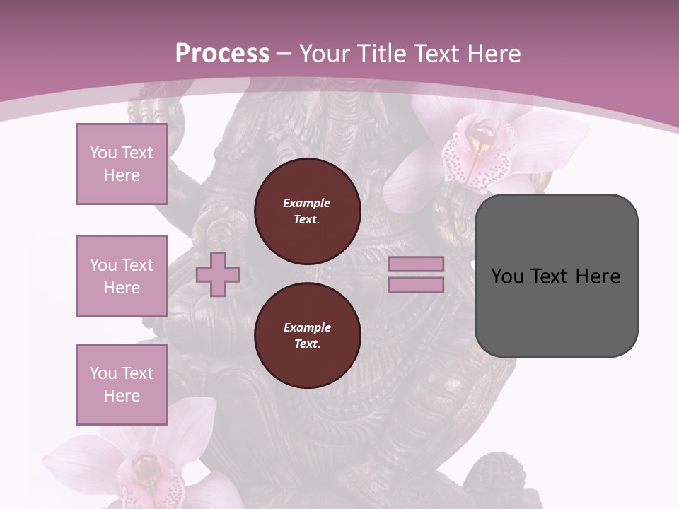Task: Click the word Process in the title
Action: click(222, 53)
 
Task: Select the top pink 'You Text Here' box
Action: click(122, 164)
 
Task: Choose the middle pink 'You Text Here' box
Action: click(122, 276)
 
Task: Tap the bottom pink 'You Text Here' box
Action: click(122, 385)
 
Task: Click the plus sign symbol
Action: click(218, 274)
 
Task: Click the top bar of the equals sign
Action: click(416, 264)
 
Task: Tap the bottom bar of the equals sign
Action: click(416, 285)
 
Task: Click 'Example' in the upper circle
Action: click(306, 203)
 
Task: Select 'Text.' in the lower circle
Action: click(306, 344)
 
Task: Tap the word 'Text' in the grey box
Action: click(549, 276)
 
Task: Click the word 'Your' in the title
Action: click(323, 53)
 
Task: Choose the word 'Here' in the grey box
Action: click(598, 276)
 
